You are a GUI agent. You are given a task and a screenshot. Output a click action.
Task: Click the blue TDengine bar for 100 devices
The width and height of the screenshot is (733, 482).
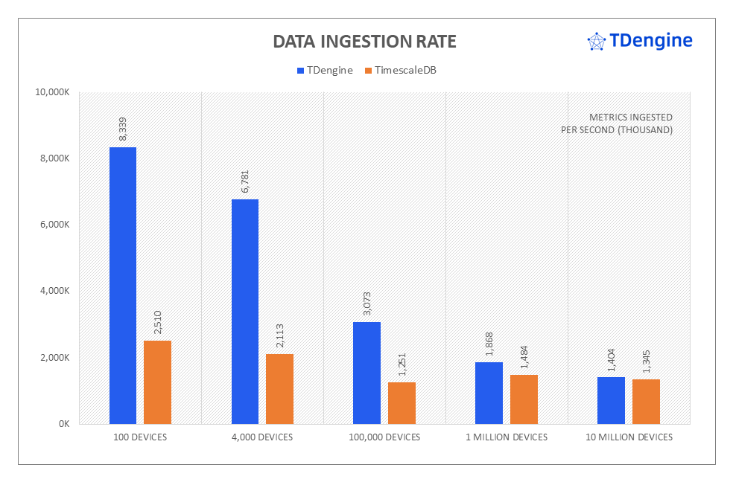(123, 285)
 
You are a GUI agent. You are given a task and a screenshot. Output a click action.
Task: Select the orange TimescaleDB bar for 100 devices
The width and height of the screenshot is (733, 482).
(157, 382)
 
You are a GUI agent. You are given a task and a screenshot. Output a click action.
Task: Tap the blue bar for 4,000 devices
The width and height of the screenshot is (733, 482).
(245, 311)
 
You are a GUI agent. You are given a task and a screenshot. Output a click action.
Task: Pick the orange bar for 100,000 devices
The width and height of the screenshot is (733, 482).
(402, 402)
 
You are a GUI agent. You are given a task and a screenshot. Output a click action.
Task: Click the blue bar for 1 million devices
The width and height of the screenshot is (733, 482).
(489, 393)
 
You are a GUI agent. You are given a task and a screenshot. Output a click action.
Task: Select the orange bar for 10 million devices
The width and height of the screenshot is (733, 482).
(646, 401)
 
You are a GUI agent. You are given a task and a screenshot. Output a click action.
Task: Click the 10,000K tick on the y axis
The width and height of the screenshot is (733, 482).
(53, 92)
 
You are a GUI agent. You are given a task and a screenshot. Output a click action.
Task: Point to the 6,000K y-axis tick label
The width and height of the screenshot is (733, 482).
(55, 225)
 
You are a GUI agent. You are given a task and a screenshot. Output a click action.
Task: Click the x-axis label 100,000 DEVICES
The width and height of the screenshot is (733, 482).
(384, 437)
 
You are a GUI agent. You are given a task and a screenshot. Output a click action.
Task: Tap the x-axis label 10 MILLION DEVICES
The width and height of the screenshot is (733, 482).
(629, 437)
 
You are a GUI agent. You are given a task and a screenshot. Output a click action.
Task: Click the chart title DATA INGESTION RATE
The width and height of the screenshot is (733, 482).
(364, 42)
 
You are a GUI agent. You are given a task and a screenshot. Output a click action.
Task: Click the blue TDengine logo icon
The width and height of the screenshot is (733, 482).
(596, 42)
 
